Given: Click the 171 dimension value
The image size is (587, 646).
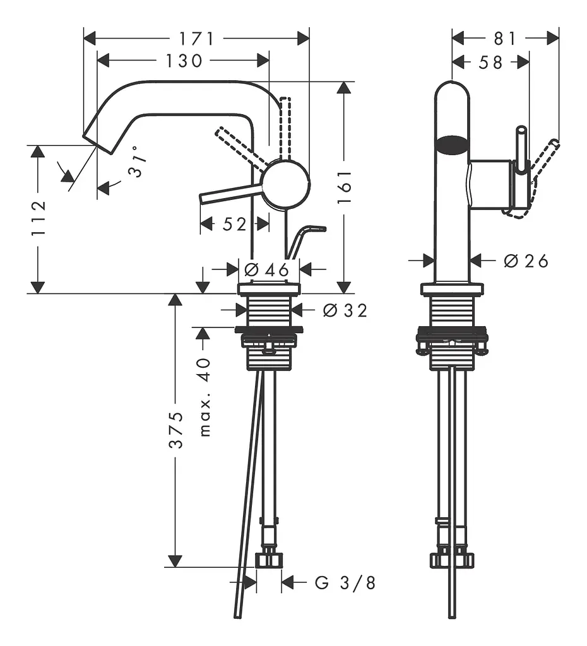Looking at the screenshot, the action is pyautogui.click(x=197, y=39).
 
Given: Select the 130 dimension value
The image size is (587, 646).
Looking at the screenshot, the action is pyautogui.click(x=184, y=61).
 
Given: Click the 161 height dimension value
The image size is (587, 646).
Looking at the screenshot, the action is pyautogui.click(x=344, y=187).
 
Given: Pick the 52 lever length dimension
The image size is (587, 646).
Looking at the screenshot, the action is pyautogui.click(x=235, y=224).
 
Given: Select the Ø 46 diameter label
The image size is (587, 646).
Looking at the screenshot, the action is pyautogui.click(x=266, y=270).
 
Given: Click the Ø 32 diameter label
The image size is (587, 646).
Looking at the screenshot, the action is pyautogui.click(x=345, y=310).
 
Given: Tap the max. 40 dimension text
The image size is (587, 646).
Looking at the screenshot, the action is pyautogui.click(x=205, y=397).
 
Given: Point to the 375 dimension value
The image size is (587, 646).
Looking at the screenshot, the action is pyautogui.click(x=176, y=430).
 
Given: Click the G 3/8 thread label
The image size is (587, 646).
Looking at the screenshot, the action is pyautogui.click(x=345, y=583).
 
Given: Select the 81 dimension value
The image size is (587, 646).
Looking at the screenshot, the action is pyautogui.click(x=505, y=39).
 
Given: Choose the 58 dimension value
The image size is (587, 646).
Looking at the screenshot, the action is pyautogui.click(x=490, y=62).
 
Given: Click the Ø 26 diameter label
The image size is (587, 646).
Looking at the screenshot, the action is pyautogui.click(x=526, y=261).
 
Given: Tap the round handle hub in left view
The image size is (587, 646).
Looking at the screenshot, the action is pyautogui.click(x=285, y=184).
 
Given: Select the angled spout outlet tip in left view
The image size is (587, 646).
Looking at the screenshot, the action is pyautogui.click(x=98, y=144).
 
